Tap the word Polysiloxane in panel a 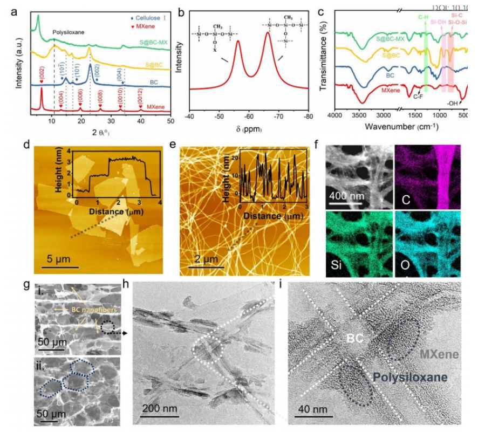point(68,32)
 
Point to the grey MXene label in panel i point(440,354)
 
